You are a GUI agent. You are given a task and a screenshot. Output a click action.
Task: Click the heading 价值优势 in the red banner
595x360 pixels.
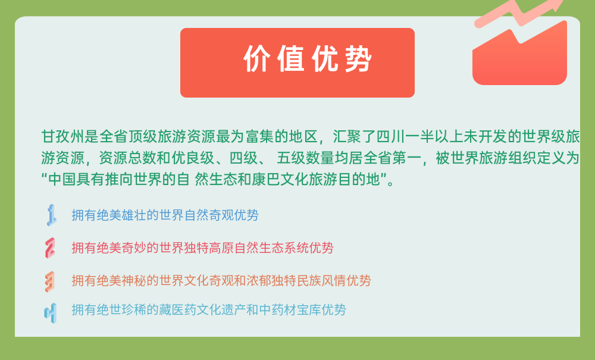click(308, 59)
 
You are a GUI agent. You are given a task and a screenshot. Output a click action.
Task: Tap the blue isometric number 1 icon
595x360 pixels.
click(51, 215)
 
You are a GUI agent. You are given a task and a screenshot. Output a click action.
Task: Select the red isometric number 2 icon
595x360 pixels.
click(50, 248)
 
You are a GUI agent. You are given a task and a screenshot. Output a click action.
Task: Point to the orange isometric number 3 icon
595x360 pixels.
click(50, 281)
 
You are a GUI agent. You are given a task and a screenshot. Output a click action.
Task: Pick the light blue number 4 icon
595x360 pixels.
click(50, 313)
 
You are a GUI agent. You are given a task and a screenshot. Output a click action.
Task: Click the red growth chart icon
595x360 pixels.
click(519, 53)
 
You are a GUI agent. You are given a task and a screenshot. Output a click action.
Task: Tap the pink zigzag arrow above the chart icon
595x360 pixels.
click(519, 13)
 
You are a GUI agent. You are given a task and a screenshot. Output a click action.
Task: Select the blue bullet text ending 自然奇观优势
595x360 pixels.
click(165, 215)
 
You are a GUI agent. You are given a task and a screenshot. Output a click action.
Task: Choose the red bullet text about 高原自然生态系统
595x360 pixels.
click(202, 248)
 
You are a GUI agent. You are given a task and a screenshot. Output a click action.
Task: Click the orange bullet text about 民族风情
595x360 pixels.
click(221, 281)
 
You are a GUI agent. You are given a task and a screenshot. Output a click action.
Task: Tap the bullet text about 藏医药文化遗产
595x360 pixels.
click(209, 309)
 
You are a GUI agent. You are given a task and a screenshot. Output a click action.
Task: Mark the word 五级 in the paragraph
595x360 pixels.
click(291, 158)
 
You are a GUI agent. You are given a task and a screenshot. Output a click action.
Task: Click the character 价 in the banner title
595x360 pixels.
click(257, 59)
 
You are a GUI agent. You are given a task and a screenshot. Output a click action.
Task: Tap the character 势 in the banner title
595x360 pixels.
click(358, 59)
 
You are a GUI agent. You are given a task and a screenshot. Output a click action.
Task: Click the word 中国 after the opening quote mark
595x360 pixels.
click(62, 179)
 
